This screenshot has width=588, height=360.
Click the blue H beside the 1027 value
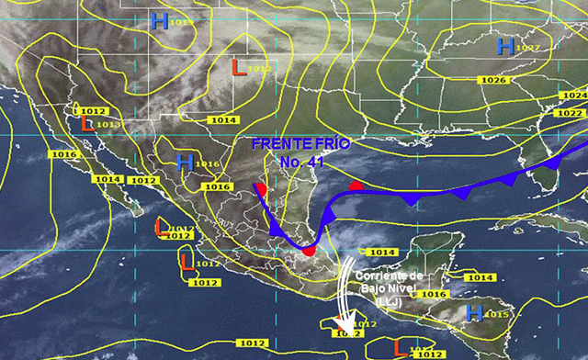click(x=505, y=45)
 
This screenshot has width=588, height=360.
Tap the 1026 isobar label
click(x=492, y=80)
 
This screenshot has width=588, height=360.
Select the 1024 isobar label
click(x=572, y=96)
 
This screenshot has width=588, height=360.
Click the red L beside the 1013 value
click(x=86, y=122)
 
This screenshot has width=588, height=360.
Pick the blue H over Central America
click(x=474, y=312)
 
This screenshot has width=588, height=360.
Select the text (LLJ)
click(x=389, y=302)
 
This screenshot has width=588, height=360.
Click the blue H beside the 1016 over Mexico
click(x=185, y=163)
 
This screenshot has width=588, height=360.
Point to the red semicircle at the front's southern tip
click(x=309, y=250)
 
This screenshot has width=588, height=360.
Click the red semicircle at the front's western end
click(x=261, y=190)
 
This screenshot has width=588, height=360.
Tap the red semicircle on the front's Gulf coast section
click(x=356, y=186)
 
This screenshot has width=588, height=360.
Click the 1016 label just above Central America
click(x=433, y=294)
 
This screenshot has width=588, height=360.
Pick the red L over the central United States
click(x=237, y=66)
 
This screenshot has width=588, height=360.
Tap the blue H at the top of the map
click(x=160, y=21)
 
